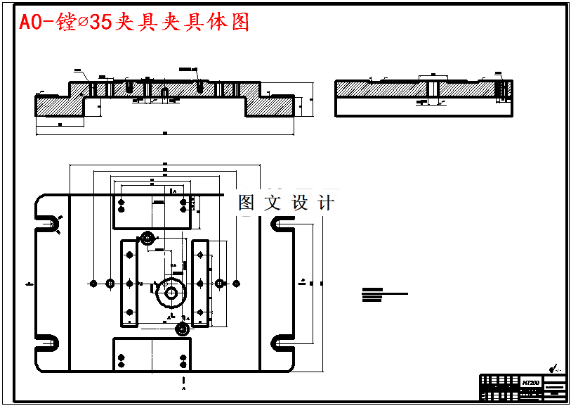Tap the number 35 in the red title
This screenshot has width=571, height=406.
101,23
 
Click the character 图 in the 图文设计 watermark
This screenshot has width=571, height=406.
247,203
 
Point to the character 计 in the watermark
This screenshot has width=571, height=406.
326,203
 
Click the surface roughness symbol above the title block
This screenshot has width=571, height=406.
556,367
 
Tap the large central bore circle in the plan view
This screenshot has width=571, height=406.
171,293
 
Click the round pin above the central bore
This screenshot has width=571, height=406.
147,238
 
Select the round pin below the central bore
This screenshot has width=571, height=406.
182,329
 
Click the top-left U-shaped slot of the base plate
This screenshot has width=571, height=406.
49,223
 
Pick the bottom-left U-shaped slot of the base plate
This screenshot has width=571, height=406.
49,342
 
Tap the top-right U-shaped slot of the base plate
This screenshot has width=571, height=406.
282,223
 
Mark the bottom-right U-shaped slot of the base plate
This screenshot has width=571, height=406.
282,342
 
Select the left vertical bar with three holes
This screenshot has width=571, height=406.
129,284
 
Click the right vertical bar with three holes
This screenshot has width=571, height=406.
201,284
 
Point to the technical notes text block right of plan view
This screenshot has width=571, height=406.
383,295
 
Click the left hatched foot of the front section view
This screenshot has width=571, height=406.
60,105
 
